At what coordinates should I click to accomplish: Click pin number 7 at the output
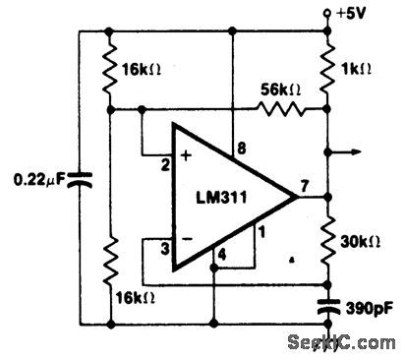305,183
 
